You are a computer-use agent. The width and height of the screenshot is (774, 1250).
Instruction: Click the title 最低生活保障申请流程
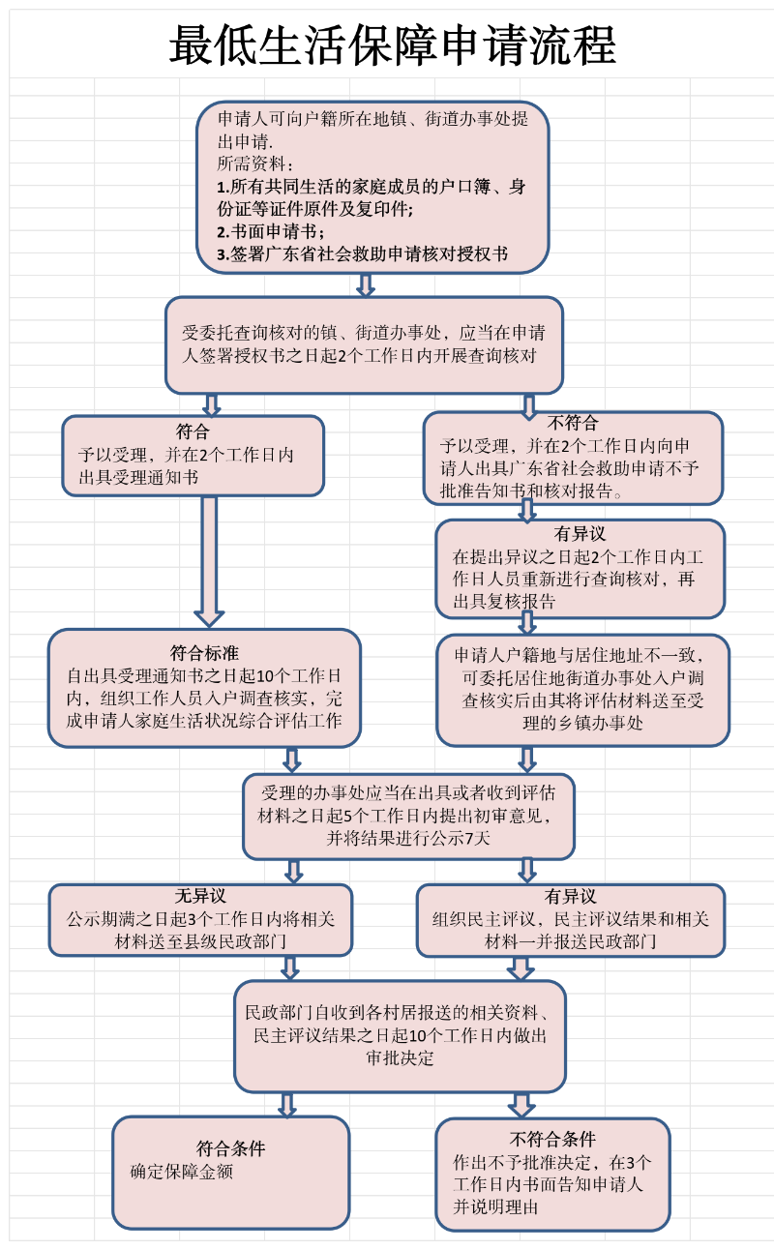coord(392,45)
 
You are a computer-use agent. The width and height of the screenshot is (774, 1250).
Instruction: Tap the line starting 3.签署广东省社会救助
coord(362,255)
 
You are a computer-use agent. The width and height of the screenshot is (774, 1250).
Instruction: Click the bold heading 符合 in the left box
coord(193,432)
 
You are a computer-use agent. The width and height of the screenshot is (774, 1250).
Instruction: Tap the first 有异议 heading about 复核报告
coord(580,533)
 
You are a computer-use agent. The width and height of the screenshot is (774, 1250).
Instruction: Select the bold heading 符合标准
coord(204,652)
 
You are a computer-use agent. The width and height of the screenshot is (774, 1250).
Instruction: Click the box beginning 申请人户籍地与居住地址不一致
coord(582,689)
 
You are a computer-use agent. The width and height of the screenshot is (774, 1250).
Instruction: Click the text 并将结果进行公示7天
coord(408,838)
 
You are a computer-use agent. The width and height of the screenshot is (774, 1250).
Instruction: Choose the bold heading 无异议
coord(200,897)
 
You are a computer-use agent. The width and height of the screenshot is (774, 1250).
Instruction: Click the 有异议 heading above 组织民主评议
coord(570,897)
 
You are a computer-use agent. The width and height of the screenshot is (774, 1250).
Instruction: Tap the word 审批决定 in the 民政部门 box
coord(400,1058)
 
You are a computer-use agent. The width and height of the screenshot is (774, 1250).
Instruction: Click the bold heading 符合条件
coord(230,1149)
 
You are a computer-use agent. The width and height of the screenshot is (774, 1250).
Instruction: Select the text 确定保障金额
coord(182,1172)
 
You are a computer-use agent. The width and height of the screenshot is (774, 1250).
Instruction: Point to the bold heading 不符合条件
coord(552,1139)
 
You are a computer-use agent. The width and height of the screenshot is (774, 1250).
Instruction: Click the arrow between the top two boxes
coord(365,284)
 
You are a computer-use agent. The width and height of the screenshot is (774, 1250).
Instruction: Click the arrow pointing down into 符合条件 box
coord(287,1104)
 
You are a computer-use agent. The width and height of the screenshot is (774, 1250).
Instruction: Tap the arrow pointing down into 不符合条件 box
coord(521,1104)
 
